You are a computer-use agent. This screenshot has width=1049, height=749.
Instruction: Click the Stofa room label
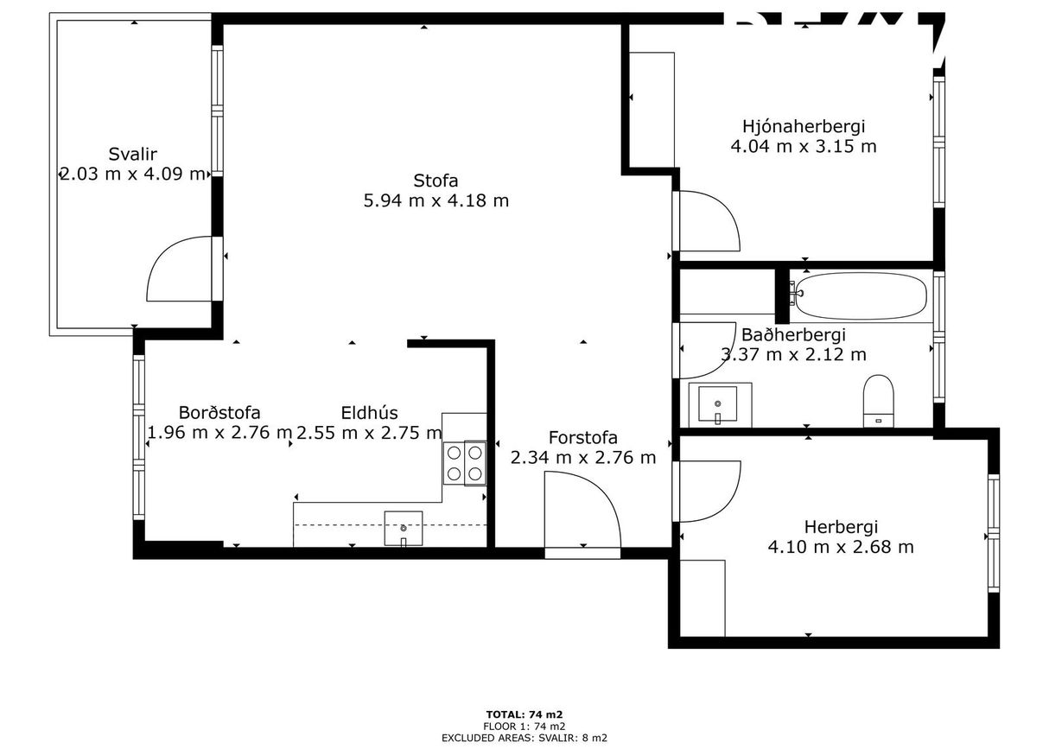(x=435, y=181)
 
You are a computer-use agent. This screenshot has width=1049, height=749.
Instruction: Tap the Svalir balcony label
(x=132, y=155)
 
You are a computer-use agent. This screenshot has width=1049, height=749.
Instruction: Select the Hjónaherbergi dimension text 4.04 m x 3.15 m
(x=804, y=146)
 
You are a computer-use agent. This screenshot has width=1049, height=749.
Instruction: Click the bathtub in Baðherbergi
(x=861, y=297)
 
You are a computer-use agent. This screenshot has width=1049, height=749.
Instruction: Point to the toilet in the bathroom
(x=878, y=401)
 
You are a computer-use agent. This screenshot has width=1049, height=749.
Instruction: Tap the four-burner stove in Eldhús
(x=465, y=463)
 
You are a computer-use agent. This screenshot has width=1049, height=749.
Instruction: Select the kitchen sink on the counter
(x=404, y=528)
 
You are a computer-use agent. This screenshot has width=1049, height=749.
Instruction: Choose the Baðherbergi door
(x=704, y=349)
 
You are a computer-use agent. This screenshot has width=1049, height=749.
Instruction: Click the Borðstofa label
(x=219, y=413)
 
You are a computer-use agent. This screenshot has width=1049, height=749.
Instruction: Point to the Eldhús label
(x=369, y=413)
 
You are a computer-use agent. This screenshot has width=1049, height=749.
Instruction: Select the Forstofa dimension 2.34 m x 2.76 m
(x=583, y=458)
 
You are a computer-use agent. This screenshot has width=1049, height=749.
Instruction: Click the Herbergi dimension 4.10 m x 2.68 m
(x=841, y=547)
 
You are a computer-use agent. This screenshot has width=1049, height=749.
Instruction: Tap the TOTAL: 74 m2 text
(x=524, y=714)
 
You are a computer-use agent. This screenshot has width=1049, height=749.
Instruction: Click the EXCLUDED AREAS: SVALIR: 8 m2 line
(x=524, y=738)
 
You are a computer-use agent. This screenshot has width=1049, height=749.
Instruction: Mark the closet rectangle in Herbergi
(x=702, y=598)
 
